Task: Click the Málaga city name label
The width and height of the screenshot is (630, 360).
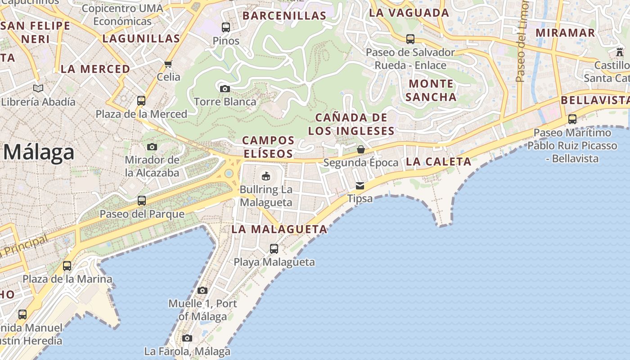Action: pyautogui.click(x=39, y=153)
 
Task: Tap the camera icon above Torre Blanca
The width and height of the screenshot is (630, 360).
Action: pyautogui.click(x=225, y=89)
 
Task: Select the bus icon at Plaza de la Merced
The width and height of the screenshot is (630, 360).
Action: pyautogui.click(x=141, y=100)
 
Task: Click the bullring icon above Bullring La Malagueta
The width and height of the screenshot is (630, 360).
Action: pyautogui.click(x=265, y=175)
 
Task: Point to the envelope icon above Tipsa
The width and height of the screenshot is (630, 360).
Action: pyautogui.click(x=360, y=185)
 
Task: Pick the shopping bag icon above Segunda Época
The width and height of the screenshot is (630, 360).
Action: pyautogui.click(x=360, y=149)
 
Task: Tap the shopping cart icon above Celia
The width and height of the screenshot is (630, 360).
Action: pyautogui.click(x=168, y=64)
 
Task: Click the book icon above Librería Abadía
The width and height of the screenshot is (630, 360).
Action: pyautogui.click(x=38, y=89)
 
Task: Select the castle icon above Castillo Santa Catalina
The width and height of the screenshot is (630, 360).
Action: pyautogui.click(x=620, y=52)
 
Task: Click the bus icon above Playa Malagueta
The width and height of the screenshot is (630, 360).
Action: pyautogui.click(x=274, y=248)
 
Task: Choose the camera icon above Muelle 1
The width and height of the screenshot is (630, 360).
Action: pyautogui.click(x=202, y=290)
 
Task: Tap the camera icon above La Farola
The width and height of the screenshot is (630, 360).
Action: pyautogui.click(x=187, y=338)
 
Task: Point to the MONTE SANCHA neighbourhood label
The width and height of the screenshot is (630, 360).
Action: pyautogui.click(x=432, y=90)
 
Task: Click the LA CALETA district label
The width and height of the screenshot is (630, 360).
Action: pyautogui.click(x=438, y=162)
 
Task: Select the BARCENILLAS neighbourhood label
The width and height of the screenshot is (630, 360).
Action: pyautogui.click(x=284, y=16)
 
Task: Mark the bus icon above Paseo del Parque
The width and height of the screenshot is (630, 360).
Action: pyautogui.click(x=142, y=201)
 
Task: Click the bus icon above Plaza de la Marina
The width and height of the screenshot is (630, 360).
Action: pyautogui.click(x=67, y=265)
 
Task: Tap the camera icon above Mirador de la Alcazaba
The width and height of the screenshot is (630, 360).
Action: pyautogui.click(x=152, y=147)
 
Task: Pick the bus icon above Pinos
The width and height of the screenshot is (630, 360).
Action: pyautogui.click(x=226, y=27)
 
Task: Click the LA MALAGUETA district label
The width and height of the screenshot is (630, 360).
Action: pyautogui.click(x=279, y=229)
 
